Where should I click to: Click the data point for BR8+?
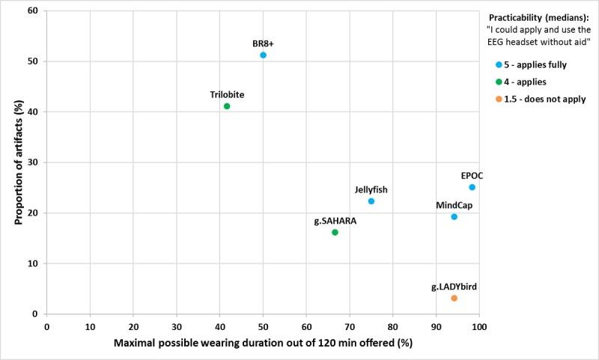tap(263, 55)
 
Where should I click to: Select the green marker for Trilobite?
tap(227, 106)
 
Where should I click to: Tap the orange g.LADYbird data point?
tap(454, 298)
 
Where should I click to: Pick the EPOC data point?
tap(472, 187)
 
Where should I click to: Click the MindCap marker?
tap(454, 216)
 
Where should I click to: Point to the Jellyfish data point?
tap(371, 201)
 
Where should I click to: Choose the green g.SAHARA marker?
tap(335, 232)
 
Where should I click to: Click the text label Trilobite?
tap(227, 94)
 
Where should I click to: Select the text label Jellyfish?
tap(371, 189)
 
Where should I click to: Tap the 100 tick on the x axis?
tap(479, 327)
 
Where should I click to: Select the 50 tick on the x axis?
tap(263, 327)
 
